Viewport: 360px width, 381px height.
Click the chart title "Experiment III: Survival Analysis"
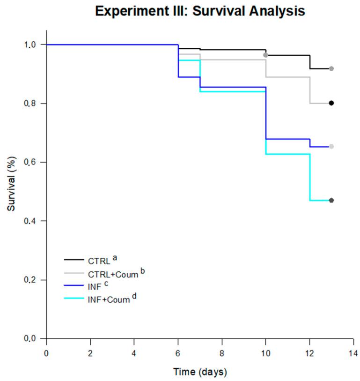coord(200,11)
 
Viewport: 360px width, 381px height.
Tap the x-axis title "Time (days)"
coord(200,372)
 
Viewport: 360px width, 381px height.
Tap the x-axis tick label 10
coord(265,352)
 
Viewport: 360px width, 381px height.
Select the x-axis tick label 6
coord(178,352)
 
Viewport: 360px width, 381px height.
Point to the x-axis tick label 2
coord(90,352)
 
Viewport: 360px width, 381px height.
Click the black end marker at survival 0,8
coord(331,103)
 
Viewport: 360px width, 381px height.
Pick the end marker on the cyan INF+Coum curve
coord(331,201)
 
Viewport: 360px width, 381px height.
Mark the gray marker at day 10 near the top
coord(265,55)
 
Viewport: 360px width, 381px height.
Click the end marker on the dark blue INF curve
coord(331,147)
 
